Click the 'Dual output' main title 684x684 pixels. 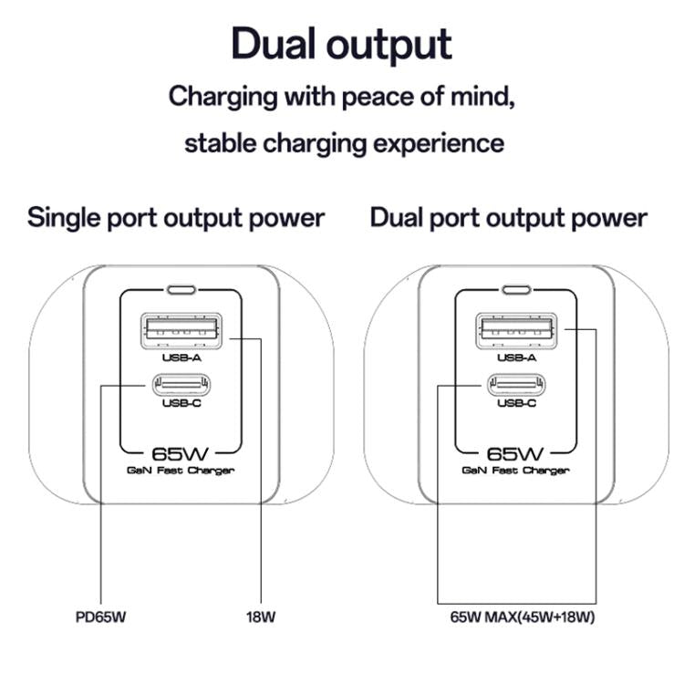coord(341,44)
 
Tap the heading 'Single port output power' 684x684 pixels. coord(176,218)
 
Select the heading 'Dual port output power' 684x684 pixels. coord(509,218)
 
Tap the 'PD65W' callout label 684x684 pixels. coord(101,617)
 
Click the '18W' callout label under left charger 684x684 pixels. coord(261,617)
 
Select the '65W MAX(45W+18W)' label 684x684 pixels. coord(523,617)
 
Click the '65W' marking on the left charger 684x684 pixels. coord(181,452)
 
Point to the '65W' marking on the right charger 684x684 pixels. coord(516,452)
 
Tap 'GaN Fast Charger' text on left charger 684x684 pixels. coord(181,471)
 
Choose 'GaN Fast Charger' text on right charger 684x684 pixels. coord(516,471)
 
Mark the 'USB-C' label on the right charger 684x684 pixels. coord(516,403)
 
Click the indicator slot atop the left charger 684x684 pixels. coord(181,292)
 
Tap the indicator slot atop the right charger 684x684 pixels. coord(516,292)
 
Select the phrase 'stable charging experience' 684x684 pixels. coord(344,143)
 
